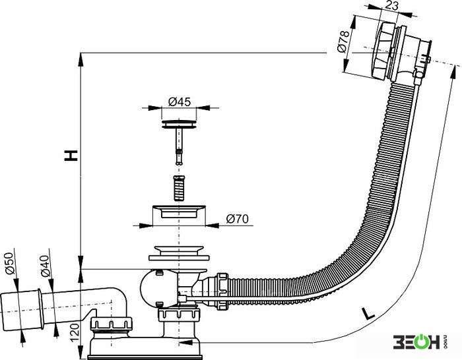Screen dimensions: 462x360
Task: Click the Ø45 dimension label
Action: click(180, 102)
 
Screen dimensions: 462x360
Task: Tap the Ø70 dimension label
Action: click(237, 219)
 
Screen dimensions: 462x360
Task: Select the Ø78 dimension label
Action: click(344, 42)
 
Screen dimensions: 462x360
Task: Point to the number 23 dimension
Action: click(391, 5)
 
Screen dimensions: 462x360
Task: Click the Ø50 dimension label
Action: click(9, 264)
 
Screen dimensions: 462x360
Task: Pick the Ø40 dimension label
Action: click(45, 266)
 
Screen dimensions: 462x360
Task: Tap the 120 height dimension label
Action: click(75, 333)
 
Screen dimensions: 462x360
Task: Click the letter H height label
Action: click(71, 156)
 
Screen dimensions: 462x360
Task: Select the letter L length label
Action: click(368, 314)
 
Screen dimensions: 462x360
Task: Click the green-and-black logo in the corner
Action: click(420, 342)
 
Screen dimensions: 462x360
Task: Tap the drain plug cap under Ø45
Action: click(179, 124)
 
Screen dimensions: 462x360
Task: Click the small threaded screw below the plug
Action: click(179, 188)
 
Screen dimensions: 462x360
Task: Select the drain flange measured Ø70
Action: click(179, 212)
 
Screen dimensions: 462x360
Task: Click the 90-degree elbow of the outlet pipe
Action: click(119, 297)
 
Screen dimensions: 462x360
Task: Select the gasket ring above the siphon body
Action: click(179, 258)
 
